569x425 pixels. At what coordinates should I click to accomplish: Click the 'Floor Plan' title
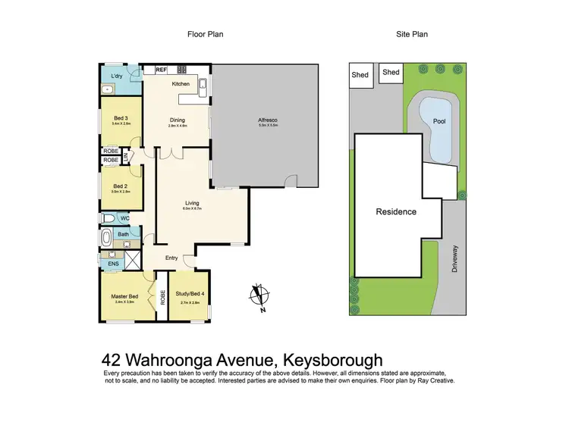[205, 34]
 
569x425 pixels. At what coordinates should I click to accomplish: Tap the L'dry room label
[117, 77]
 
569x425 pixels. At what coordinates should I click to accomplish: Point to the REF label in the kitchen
[161, 70]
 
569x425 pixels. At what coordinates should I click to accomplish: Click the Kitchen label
[180, 83]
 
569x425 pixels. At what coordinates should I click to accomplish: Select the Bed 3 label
[120, 118]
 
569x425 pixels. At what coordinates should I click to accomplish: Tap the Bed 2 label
[120, 186]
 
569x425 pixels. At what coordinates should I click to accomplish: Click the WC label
[124, 218]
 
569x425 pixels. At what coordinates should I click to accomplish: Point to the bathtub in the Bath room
[107, 238]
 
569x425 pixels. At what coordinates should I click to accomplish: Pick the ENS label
[113, 264]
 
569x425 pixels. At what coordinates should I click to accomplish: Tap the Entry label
[171, 258]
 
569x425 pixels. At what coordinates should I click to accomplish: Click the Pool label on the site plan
[439, 121]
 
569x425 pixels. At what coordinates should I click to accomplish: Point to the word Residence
[396, 211]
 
